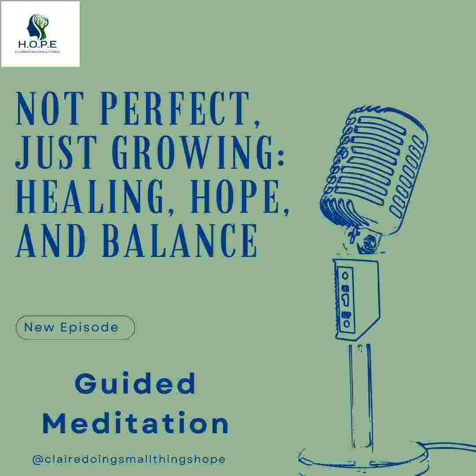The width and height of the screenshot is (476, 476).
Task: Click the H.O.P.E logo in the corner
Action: point(40,34)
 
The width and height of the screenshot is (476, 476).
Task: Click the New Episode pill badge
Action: point(75,327)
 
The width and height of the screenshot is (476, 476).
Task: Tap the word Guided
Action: point(135,384)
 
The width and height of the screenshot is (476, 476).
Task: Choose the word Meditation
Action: point(135,424)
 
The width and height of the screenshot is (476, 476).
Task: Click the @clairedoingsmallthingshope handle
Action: point(129,459)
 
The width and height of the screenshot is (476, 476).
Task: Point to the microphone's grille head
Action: point(375,167)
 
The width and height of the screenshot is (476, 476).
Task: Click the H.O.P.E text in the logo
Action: point(40,45)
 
